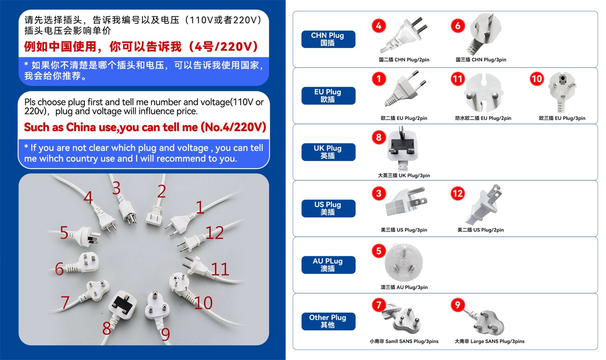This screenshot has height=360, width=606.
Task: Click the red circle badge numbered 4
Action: (x=378, y=26)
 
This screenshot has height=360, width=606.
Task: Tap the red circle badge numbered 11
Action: (x=458, y=79)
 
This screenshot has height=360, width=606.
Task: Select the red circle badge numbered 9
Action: (x=458, y=305)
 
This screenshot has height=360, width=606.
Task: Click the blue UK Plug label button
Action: (x=328, y=152)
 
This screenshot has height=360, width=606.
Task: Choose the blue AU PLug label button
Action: (x=328, y=265)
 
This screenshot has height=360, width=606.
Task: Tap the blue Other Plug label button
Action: (x=328, y=321)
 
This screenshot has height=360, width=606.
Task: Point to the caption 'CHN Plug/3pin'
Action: (x=489, y=59)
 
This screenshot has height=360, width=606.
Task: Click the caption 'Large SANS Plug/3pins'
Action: (x=498, y=341)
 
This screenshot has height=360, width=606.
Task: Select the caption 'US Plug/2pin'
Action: (x=489, y=230)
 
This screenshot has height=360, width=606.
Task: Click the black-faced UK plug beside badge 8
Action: (x=402, y=149)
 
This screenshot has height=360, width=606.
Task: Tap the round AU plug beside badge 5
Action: (x=404, y=262)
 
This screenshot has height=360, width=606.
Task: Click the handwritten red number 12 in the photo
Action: (x=214, y=233)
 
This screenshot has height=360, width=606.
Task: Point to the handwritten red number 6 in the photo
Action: (x=59, y=269)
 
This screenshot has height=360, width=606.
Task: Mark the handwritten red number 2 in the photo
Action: (x=161, y=191)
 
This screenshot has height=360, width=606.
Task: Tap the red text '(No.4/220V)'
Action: (x=233, y=127)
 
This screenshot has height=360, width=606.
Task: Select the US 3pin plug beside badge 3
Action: (x=406, y=202)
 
